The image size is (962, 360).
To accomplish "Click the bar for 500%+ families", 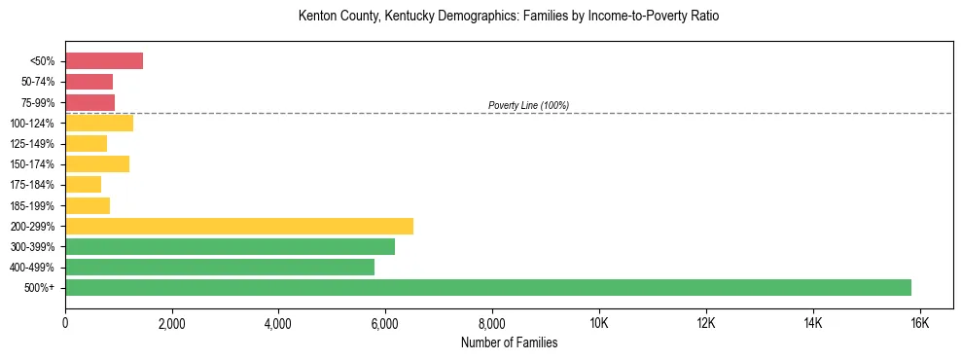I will (487, 287).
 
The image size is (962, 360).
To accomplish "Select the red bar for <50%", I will (104, 61).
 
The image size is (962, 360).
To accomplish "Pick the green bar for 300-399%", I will (230, 246).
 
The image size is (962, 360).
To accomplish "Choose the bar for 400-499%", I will (220, 267).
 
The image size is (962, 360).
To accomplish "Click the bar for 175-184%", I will (84, 185).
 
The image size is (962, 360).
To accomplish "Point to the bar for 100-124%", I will (99, 124).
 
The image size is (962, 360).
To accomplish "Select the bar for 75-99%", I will (90, 102).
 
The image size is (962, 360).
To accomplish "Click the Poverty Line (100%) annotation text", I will (528, 105).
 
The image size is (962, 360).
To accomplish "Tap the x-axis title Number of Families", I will (509, 342).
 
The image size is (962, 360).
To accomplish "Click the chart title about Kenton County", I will (509, 18).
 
